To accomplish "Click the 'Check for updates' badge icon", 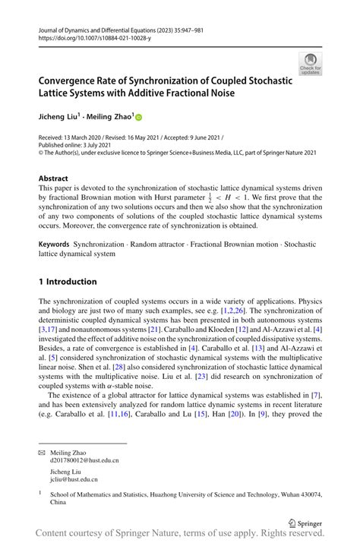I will tap(310, 63).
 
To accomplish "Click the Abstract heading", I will tap(53, 178).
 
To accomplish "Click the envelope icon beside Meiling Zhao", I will tap(42, 452).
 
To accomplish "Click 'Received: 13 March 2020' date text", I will tap(74, 137).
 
